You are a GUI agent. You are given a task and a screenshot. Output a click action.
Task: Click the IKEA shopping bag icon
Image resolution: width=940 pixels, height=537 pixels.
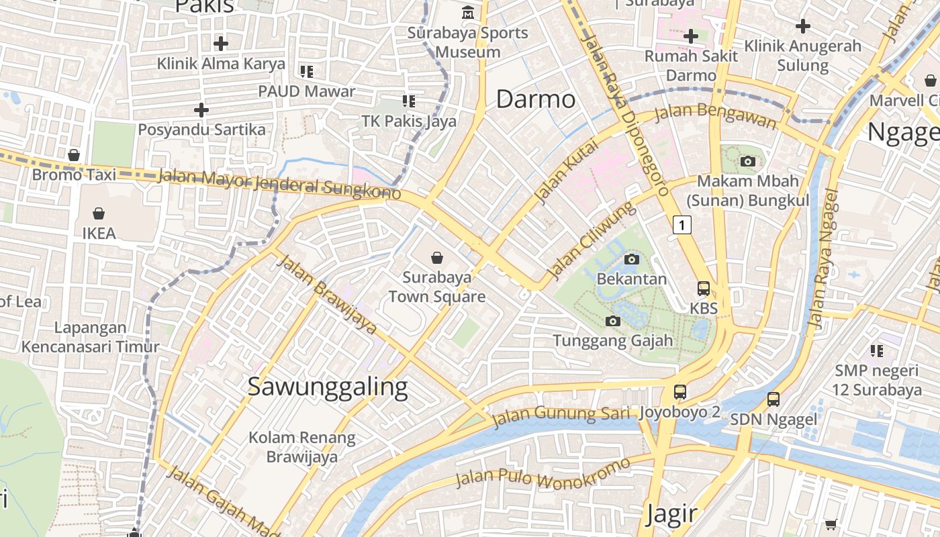pos(99,213)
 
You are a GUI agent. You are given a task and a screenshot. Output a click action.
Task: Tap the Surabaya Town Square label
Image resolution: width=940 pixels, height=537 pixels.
pos(436,287)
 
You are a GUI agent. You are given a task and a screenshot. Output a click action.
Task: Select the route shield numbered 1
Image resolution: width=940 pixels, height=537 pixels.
pos(681,225)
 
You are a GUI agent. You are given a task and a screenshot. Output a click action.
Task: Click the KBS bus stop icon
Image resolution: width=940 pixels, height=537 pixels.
pos(703,289)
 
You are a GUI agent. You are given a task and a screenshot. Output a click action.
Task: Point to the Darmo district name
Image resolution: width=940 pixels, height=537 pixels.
pos(535,99)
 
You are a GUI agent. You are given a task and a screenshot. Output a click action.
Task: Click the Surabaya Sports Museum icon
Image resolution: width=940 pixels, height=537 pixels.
pos(467,13)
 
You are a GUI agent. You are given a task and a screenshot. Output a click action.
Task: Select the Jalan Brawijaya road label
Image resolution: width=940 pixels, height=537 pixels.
pos(327,293)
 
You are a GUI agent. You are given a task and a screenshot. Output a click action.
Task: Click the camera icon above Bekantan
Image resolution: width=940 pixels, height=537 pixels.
pos(631,259)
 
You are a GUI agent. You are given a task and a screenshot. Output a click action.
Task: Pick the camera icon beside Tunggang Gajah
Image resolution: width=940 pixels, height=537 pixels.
pos(612,321)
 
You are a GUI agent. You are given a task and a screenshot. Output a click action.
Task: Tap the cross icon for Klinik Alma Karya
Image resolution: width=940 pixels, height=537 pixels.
pos(220,44)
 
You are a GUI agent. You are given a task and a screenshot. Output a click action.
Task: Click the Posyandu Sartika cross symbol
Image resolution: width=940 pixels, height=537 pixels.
pos(201,109)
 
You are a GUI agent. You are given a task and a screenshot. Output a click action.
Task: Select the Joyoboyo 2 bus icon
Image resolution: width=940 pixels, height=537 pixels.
pos(680,391)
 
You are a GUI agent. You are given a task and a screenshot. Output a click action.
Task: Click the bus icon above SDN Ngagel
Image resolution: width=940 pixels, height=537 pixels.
pos(773,399)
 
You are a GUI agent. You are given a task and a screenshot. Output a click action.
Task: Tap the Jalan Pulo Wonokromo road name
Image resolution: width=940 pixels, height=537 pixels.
pos(543,473)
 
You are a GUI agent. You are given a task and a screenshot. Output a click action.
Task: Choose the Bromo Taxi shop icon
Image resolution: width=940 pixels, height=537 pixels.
pos(74,155)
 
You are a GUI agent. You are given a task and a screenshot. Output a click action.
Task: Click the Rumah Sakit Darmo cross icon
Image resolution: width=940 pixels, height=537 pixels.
pos(690,36)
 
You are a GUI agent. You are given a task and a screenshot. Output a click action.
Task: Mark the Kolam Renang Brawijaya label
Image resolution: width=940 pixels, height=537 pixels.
pos(301,447)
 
